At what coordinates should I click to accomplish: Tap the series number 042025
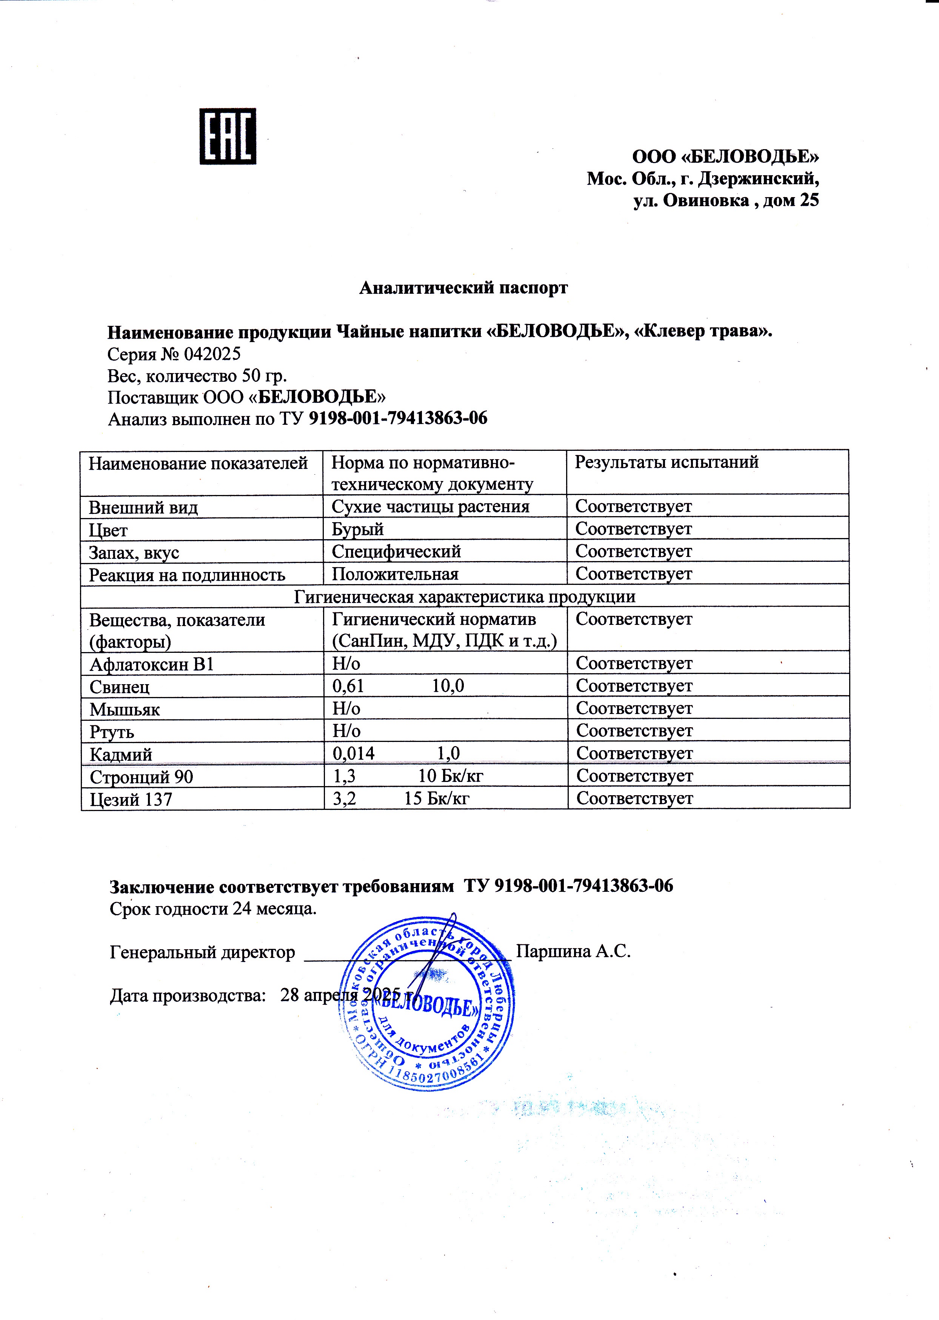(212, 354)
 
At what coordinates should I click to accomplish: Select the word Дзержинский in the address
(758, 179)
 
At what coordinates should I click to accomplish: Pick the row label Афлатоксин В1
(151, 664)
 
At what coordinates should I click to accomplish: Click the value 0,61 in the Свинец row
(348, 686)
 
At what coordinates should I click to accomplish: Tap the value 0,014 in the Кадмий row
(353, 753)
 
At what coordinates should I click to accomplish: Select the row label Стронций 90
(141, 776)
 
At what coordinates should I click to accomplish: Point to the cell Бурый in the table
(357, 529)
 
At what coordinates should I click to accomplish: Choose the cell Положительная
(395, 574)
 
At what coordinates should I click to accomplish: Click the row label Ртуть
(112, 732)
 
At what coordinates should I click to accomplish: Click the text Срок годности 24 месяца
(213, 909)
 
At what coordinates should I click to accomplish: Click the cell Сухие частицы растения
(430, 507)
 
